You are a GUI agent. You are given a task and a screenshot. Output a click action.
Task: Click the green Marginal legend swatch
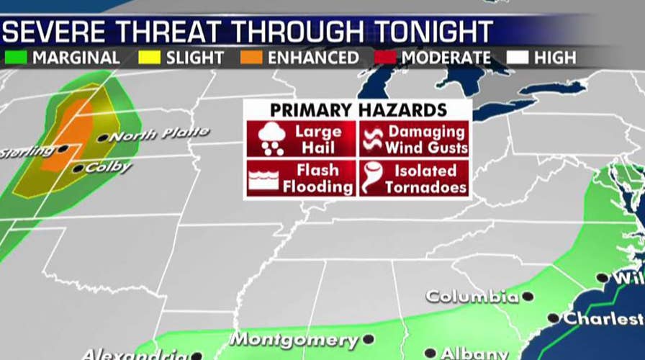[x=17, y=56]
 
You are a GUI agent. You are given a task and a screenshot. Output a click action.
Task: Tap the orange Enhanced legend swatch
[x=251, y=56]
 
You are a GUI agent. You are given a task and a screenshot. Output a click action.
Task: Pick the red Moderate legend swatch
[x=387, y=56]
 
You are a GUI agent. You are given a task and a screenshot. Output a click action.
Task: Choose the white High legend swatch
[x=518, y=56]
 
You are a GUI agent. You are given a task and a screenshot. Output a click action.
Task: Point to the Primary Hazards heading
[x=358, y=110]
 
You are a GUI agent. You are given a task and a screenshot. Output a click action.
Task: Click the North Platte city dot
[x=103, y=138]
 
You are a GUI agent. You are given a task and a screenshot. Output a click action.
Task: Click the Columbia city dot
[x=528, y=296]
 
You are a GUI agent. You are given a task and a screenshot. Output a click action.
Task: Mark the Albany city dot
[x=430, y=353]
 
